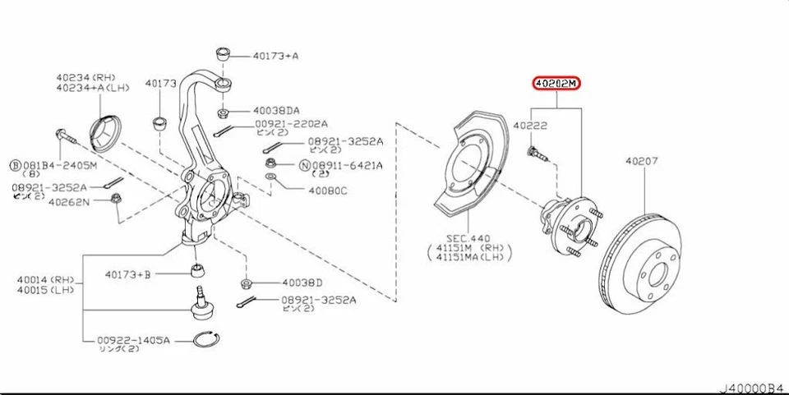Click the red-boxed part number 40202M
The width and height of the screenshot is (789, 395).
556,84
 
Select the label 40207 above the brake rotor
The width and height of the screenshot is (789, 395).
641,162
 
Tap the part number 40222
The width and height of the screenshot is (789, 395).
530,126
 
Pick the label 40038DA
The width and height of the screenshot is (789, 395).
276,110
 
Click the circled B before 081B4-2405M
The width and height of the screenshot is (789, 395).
16,164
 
